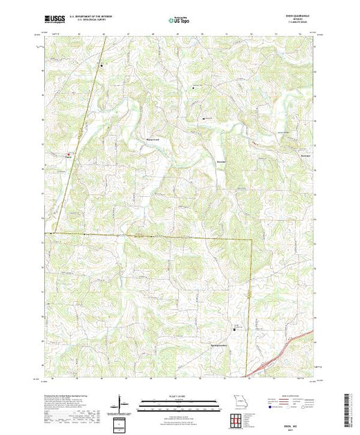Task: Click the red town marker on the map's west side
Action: (68, 154)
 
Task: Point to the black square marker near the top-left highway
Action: (103, 66)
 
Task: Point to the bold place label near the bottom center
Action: (219, 345)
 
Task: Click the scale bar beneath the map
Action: (180, 403)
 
